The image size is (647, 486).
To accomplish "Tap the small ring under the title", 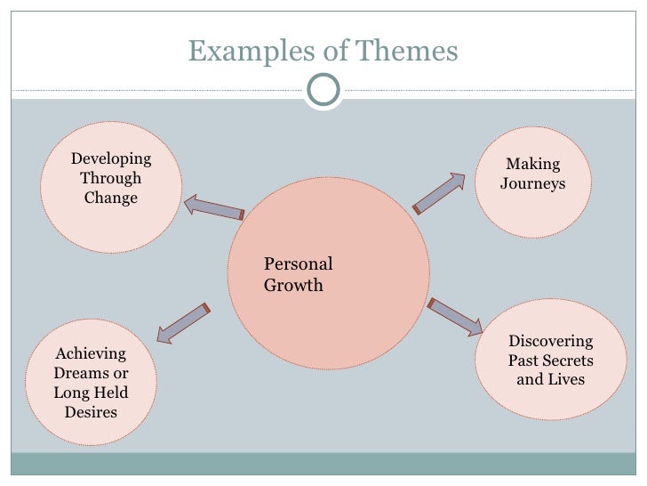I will [x=323, y=89].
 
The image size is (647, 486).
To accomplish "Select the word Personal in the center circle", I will [x=299, y=264].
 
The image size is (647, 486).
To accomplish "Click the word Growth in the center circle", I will [x=293, y=286].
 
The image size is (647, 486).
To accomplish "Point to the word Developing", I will [x=111, y=159].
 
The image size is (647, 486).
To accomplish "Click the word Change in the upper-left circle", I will [x=111, y=198].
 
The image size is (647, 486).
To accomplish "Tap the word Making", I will [x=533, y=164].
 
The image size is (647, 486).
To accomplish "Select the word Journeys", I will [x=533, y=184].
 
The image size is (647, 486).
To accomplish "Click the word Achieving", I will [x=91, y=353].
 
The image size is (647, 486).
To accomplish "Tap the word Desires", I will [x=91, y=412].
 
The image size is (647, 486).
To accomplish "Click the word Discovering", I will [x=550, y=341].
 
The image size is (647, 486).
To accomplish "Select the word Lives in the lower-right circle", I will [x=567, y=379].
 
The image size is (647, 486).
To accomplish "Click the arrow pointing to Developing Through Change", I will [x=213, y=208].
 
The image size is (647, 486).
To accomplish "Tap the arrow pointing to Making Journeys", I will [x=440, y=193].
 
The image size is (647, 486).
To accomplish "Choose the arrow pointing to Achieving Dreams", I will [x=182, y=322].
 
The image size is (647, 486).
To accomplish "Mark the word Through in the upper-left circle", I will [x=111, y=178].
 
